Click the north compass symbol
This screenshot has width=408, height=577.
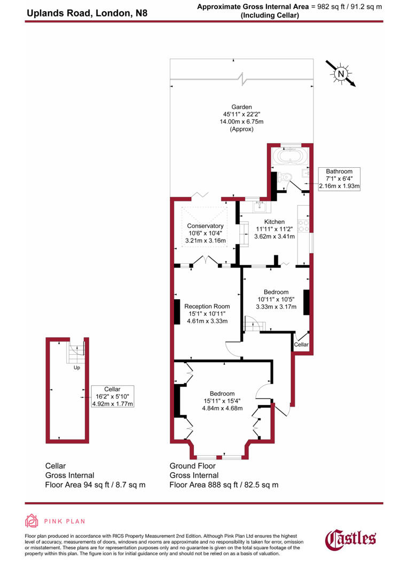pyautogui.click(x=340, y=74)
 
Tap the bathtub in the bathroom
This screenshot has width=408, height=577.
pyautogui.click(x=290, y=158)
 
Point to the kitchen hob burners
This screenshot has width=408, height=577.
pyautogui.click(x=304, y=225)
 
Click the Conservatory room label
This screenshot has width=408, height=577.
pyautogui.click(x=205, y=226)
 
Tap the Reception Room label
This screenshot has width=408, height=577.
pyautogui.click(x=207, y=306)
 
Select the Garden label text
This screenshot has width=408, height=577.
pyautogui.click(x=241, y=107)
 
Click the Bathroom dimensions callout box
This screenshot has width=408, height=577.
pyautogui.click(x=339, y=178)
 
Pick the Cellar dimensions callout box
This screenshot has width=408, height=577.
pyautogui.click(x=112, y=396)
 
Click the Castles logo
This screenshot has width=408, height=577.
pyautogui.click(x=351, y=538)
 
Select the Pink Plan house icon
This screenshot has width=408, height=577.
pyautogui.click(x=32, y=521)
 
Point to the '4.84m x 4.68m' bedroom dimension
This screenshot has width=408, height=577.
pyautogui.click(x=223, y=408)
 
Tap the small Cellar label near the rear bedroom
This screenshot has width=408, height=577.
pyautogui.click(x=301, y=345)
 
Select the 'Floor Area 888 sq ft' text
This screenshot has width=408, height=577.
pyautogui.click(x=224, y=485)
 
